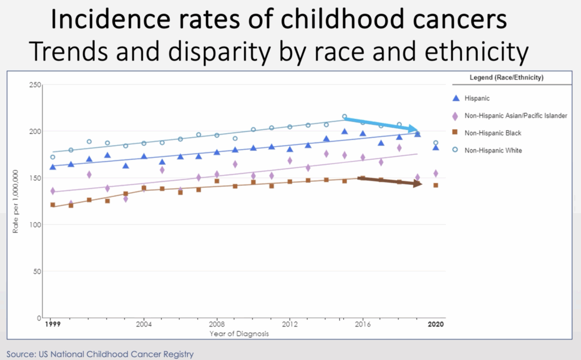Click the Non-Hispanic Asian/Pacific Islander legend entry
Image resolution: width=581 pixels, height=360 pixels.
(515, 116)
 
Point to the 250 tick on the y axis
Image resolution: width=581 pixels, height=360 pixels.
(35, 85)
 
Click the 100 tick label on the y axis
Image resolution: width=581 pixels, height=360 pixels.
(35, 225)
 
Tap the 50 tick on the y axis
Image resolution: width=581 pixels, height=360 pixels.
(37, 272)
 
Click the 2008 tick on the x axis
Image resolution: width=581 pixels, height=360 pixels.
(216, 325)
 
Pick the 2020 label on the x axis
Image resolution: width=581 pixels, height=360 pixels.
(436, 325)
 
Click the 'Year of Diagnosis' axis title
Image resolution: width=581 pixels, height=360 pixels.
(239, 334)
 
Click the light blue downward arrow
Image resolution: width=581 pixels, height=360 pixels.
(383, 124)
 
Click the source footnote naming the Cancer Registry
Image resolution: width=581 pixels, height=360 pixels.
(100, 354)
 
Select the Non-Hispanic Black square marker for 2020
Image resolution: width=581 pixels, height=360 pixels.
(435, 185)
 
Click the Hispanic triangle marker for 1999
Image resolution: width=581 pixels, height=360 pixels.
(53, 167)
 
